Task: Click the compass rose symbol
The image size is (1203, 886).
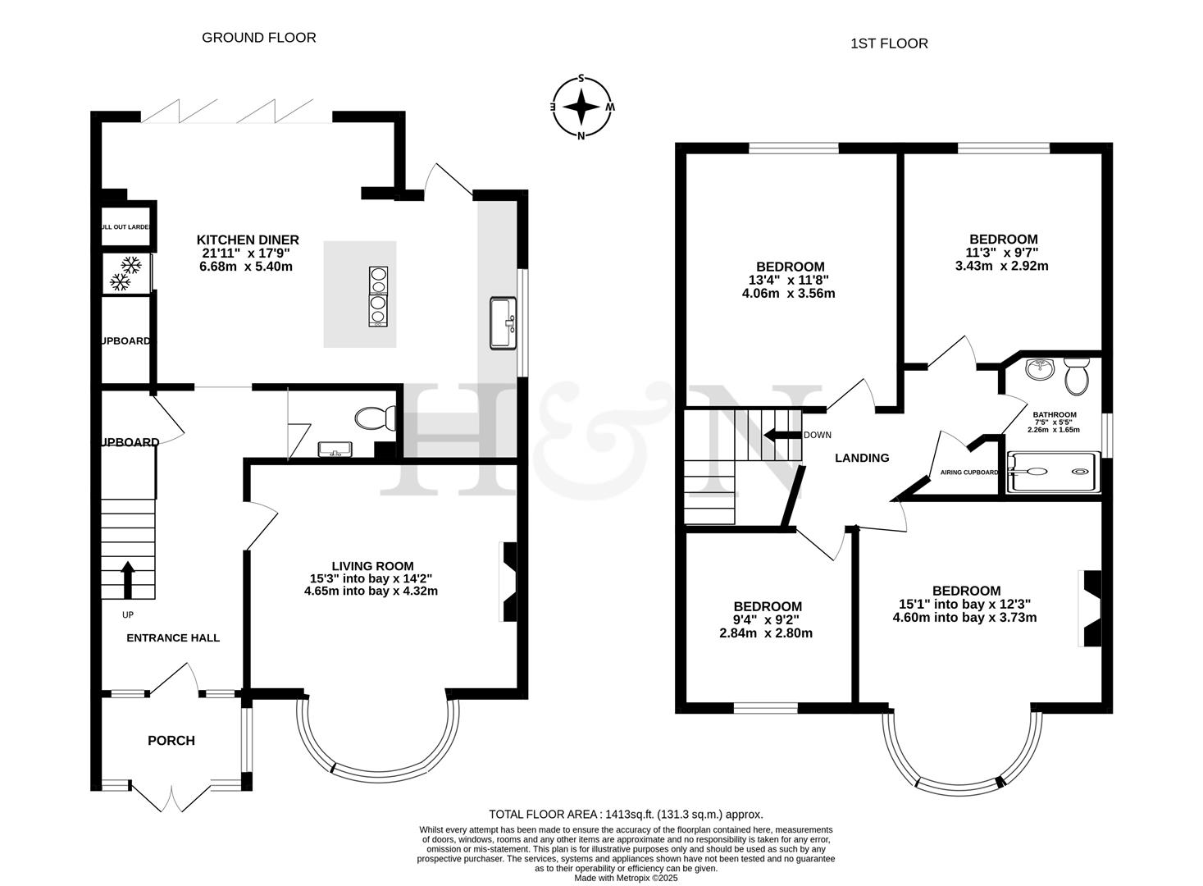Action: tap(581, 107)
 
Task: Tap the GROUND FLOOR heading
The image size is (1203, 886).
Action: tap(258, 37)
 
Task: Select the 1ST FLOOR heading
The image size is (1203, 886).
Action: tap(889, 43)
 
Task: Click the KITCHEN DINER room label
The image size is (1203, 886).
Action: tap(248, 240)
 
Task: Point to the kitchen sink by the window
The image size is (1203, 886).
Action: tap(503, 323)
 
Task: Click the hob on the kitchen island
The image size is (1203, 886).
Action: tap(379, 296)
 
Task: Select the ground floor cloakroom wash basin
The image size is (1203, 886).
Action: tap(335, 448)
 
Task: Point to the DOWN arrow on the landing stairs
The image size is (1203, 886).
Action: tap(780, 435)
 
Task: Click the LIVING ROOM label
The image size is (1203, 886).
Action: tap(372, 566)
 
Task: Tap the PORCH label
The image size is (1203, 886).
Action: tap(171, 741)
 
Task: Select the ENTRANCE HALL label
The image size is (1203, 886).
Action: tap(173, 637)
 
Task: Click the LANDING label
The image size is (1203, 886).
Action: tap(862, 458)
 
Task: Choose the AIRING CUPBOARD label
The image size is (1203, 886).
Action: tap(964, 473)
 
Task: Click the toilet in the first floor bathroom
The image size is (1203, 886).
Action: tap(1075, 376)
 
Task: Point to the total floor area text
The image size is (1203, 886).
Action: tap(626, 815)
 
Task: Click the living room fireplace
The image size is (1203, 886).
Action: tap(508, 582)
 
